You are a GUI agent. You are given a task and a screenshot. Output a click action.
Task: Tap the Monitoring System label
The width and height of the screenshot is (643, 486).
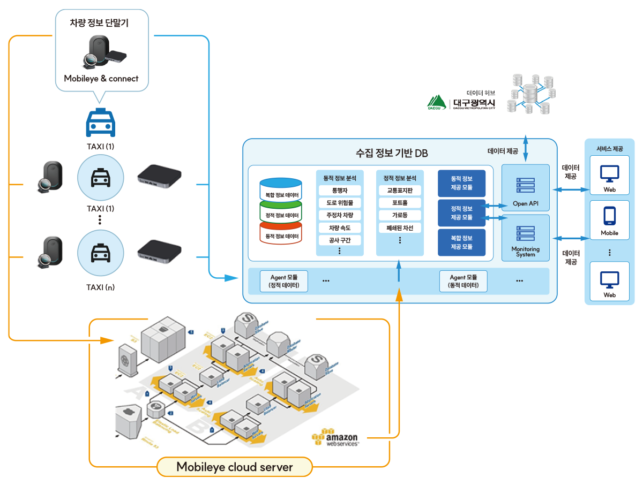525,252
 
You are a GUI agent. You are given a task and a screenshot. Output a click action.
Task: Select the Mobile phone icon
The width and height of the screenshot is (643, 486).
609,216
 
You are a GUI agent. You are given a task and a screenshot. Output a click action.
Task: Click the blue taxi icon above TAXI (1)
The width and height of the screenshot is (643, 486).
101,124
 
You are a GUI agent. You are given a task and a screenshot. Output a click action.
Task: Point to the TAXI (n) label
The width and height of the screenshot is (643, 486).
101,287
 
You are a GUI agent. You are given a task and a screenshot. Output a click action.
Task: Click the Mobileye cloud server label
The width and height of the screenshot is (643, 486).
235,467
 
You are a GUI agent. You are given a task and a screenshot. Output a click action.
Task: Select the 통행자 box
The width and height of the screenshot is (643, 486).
340,191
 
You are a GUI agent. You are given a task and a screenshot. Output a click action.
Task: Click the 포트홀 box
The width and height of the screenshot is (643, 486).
400,203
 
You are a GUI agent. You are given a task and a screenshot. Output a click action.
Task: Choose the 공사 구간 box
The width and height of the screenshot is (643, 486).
340,240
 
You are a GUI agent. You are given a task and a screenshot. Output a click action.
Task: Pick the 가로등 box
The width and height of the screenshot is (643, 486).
400,215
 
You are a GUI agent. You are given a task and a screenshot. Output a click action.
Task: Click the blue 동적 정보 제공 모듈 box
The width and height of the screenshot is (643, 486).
461,184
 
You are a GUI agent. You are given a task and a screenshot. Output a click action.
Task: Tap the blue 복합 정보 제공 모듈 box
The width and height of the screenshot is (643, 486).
461,242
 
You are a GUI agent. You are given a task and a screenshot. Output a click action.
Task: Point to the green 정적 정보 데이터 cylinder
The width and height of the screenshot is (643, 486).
280,214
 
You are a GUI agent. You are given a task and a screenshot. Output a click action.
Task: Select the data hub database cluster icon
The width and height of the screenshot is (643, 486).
530,93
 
